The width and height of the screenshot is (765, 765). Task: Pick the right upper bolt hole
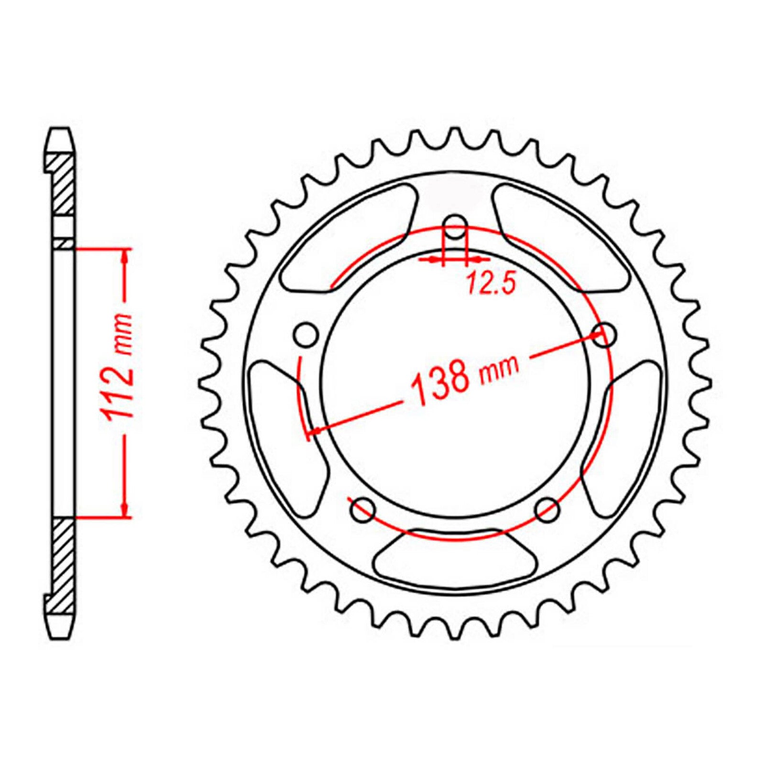pos(604,335)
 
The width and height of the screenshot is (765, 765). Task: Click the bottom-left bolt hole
pos(363,510)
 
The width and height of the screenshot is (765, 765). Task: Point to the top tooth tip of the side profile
pos(60,131)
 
